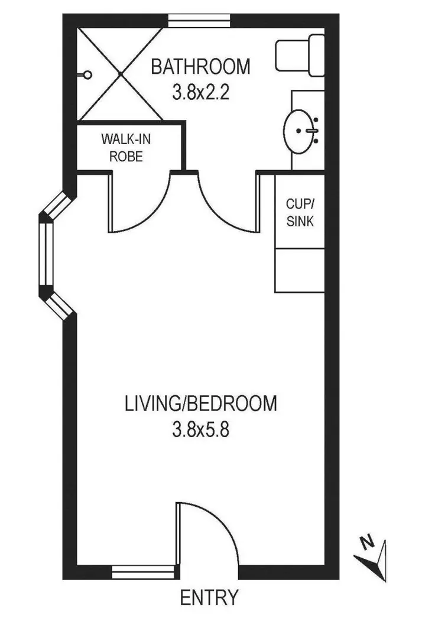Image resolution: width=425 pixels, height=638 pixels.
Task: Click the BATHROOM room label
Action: pos(200,67)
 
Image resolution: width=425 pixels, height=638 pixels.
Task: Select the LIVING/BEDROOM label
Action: pos(200,404)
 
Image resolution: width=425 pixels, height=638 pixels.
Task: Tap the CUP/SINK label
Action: pos(300,213)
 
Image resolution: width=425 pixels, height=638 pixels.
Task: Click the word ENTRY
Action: pos(209,597)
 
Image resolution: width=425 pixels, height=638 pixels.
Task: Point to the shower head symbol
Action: pos(87,74)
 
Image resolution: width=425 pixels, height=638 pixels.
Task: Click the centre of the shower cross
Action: pos(122,73)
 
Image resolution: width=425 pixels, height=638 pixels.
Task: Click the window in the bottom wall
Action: pos(144,571)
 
